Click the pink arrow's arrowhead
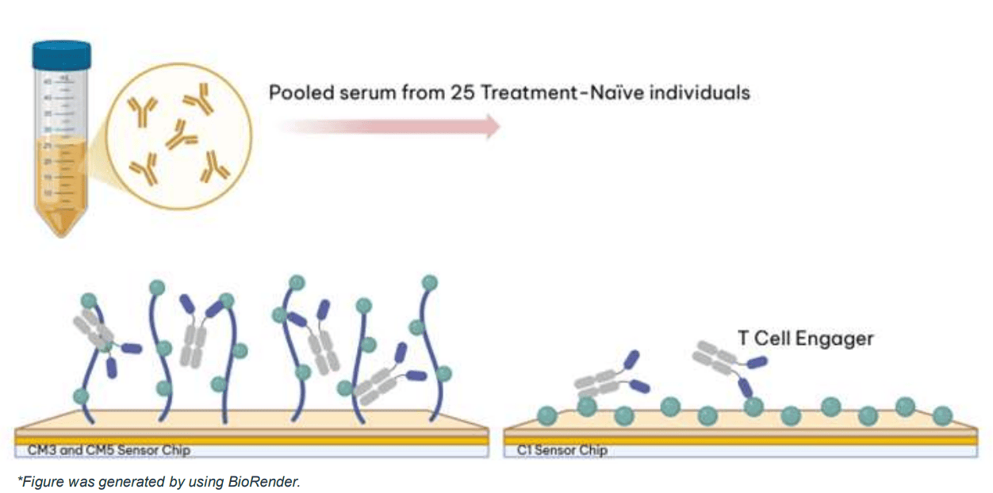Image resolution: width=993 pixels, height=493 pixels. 492,126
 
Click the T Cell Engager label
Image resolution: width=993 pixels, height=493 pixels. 805,338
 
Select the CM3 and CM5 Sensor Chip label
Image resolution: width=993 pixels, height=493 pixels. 104,450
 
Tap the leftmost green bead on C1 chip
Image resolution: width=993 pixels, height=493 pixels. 546,414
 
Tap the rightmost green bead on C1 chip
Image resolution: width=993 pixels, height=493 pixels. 942,414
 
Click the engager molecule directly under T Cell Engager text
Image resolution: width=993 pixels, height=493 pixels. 726,361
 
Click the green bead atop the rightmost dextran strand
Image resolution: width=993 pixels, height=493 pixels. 430,282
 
